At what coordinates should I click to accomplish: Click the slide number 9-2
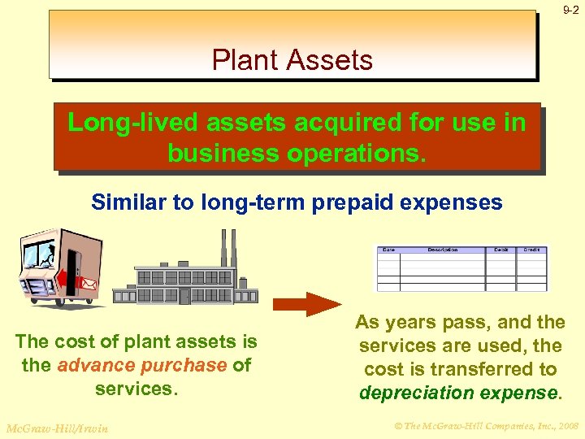pyautogui.click(x=571, y=10)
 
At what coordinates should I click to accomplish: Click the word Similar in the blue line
pyautogui.click(x=130, y=202)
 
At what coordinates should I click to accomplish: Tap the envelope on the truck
pyautogui.click(x=88, y=284)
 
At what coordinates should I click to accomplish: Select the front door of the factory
pyautogui.click(x=184, y=296)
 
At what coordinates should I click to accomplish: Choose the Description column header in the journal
pyautogui.click(x=444, y=250)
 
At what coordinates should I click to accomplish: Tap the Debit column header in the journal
pyautogui.click(x=501, y=250)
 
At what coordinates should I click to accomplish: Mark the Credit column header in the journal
pyautogui.click(x=531, y=250)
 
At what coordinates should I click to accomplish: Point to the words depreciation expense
pyautogui.click(x=459, y=393)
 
